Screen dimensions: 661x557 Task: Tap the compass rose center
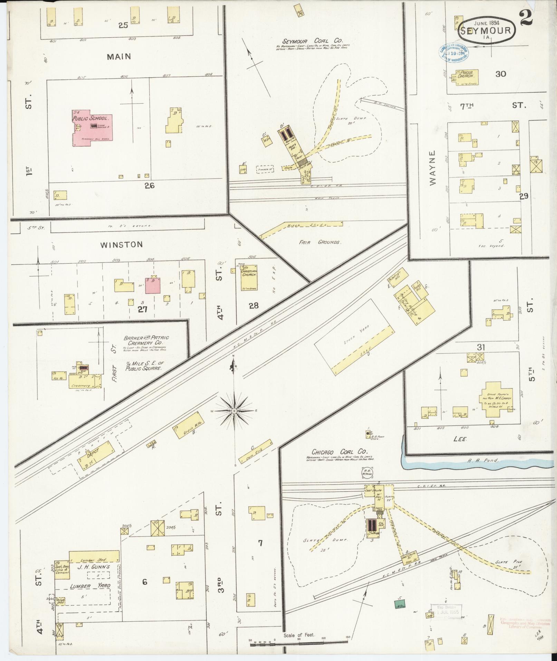tap(234, 410)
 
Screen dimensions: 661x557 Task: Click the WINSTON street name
tap(121, 245)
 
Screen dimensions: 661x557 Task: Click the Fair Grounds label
tap(320, 242)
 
